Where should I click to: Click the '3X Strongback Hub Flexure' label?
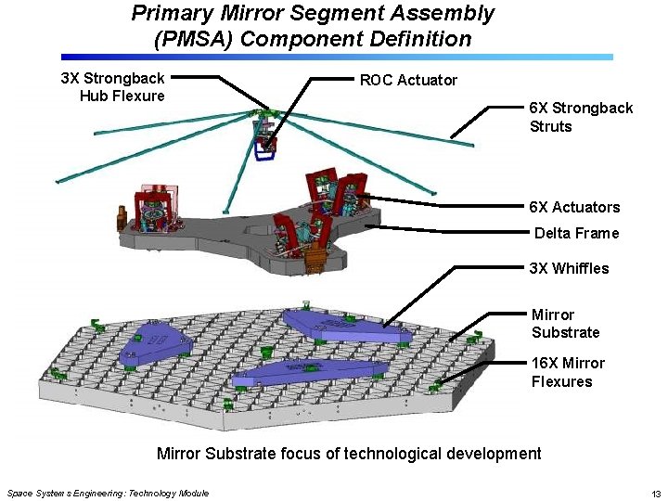pyautogui.click(x=111, y=86)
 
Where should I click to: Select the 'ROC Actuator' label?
pyautogui.click(x=408, y=80)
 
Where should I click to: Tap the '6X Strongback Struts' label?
pyautogui.click(x=580, y=117)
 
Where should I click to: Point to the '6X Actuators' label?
pyautogui.click(x=573, y=207)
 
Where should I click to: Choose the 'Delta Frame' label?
pyautogui.click(x=575, y=233)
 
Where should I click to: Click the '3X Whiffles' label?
pyautogui.click(x=569, y=268)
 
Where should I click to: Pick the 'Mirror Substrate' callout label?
pyautogui.click(x=565, y=323)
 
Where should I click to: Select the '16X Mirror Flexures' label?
pyautogui.click(x=567, y=372)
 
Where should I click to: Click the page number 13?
pyautogui.click(x=655, y=493)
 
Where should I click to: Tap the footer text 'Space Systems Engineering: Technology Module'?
pyautogui.click(x=108, y=493)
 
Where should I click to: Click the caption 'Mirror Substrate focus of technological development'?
pyautogui.click(x=349, y=454)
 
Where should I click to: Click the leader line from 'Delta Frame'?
pyautogui.click(x=445, y=227)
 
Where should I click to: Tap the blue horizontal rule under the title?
pyautogui.click(x=334, y=57)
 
